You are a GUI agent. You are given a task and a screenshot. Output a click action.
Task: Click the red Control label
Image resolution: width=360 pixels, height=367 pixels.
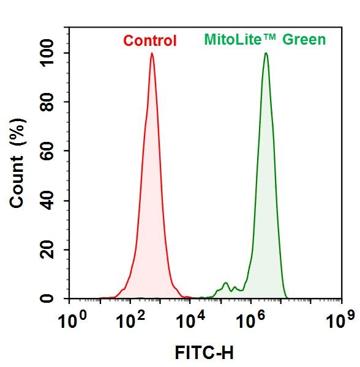[150, 41]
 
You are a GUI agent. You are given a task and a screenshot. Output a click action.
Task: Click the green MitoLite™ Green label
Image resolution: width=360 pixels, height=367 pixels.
[264, 40]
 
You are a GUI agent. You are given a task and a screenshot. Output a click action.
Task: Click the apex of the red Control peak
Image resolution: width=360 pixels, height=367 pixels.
[152, 53]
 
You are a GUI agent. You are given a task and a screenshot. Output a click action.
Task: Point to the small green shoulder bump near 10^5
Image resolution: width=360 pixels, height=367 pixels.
[226, 283]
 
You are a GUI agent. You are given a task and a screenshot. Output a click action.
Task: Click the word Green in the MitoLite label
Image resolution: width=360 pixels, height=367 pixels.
[304, 40]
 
